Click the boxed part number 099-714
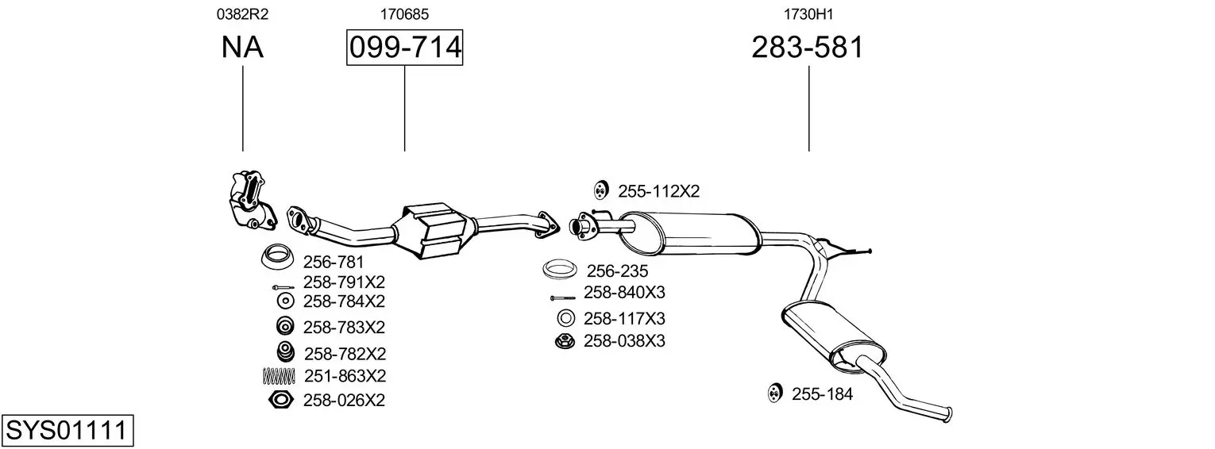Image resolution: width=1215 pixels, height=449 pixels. [x=405, y=47]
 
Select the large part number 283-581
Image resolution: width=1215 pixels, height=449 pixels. [x=807, y=47]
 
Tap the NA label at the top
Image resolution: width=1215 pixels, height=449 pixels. [x=242, y=47]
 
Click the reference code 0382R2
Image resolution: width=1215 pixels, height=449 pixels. [x=242, y=14]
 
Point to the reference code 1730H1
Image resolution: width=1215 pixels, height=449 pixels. [x=808, y=14]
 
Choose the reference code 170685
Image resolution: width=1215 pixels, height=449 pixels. [x=404, y=14]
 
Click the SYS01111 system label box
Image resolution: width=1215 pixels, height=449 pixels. [x=67, y=431]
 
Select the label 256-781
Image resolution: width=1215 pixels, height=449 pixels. [x=333, y=262]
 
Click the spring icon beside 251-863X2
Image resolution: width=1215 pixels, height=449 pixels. [x=279, y=376]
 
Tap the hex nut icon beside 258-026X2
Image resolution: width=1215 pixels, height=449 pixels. [x=281, y=400]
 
